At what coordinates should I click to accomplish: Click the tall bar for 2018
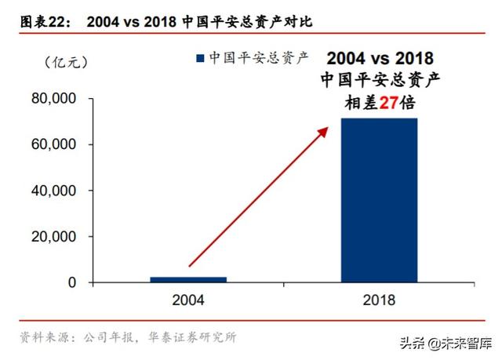379,200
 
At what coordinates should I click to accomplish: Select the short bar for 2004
188,278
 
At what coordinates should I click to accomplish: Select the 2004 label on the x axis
188,300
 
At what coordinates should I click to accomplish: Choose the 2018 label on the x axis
380,300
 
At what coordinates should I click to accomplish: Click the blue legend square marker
199,57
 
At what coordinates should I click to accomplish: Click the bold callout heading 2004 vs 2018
380,58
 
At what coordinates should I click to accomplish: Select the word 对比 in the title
299,21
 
